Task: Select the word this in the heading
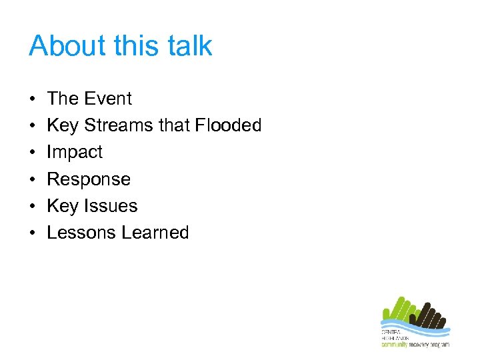click(x=133, y=46)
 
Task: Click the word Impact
click(x=75, y=153)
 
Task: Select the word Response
click(x=89, y=179)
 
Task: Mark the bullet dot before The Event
click(x=32, y=99)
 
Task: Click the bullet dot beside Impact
click(x=32, y=153)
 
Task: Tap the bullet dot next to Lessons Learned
click(x=32, y=233)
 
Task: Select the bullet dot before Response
click(x=32, y=179)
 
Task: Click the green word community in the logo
click(x=395, y=344)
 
